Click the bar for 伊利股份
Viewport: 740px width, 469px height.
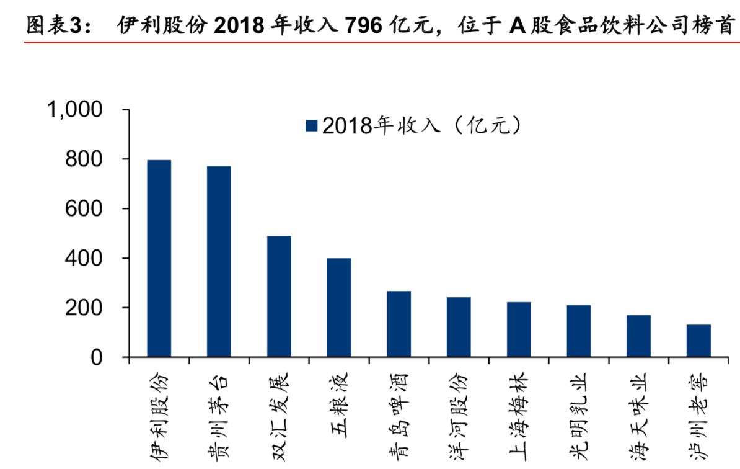159,259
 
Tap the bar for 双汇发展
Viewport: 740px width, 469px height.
279,297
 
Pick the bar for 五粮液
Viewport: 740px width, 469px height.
339,308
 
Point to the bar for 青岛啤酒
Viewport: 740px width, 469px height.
399,324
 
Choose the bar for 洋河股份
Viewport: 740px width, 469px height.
459,327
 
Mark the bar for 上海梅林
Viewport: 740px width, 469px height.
519,329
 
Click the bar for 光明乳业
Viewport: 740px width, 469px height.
578,331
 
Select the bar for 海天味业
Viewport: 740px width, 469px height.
638,336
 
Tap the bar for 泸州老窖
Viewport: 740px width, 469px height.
698,341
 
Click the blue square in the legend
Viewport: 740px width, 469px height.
311,127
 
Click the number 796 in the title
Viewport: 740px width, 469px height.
362,25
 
